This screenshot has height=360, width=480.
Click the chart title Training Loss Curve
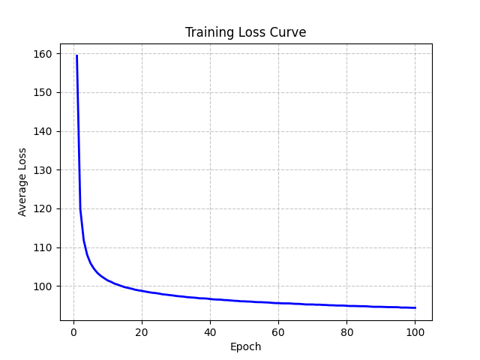[x=246, y=33]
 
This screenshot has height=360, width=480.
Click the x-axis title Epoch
[x=246, y=347]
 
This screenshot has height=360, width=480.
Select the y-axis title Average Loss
[x=22, y=181]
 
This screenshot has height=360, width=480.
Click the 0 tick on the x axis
[x=73, y=332]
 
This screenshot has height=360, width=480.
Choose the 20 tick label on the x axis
[x=142, y=332]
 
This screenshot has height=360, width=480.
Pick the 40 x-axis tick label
[x=210, y=332]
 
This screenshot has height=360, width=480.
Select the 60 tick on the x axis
[x=278, y=332]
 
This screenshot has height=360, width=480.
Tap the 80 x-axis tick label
[x=346, y=332]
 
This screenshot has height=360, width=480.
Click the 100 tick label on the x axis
[x=415, y=332]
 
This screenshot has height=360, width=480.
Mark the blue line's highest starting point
[x=76, y=55]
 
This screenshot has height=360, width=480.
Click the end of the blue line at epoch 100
[x=415, y=307]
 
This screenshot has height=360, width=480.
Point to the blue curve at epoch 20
[x=142, y=290]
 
